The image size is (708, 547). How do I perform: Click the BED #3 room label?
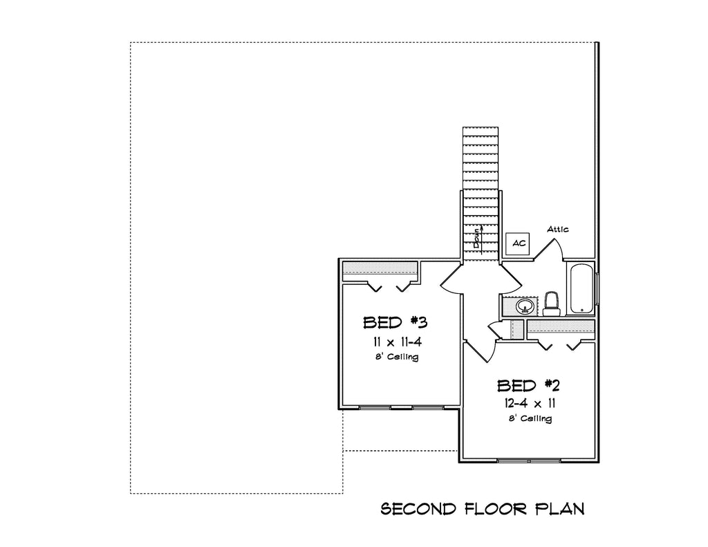[395, 322]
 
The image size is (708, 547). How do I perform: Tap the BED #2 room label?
[528, 386]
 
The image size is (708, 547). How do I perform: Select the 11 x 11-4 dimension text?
[395, 342]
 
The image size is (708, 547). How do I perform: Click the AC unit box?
[517, 243]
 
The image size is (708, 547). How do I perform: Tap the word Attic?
[558, 229]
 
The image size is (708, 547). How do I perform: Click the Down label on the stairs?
[477, 237]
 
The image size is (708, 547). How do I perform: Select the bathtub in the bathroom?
[581, 288]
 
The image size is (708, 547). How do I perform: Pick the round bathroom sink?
[525, 306]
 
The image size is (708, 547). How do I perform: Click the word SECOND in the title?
[418, 508]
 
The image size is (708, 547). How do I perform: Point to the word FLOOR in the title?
[496, 508]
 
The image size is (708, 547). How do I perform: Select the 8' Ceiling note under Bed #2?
[530, 418]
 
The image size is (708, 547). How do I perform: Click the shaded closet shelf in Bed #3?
[380, 268]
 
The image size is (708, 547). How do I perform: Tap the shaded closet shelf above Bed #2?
[561, 326]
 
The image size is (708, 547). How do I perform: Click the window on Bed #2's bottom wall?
[529, 461]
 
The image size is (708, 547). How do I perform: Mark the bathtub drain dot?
[581, 310]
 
